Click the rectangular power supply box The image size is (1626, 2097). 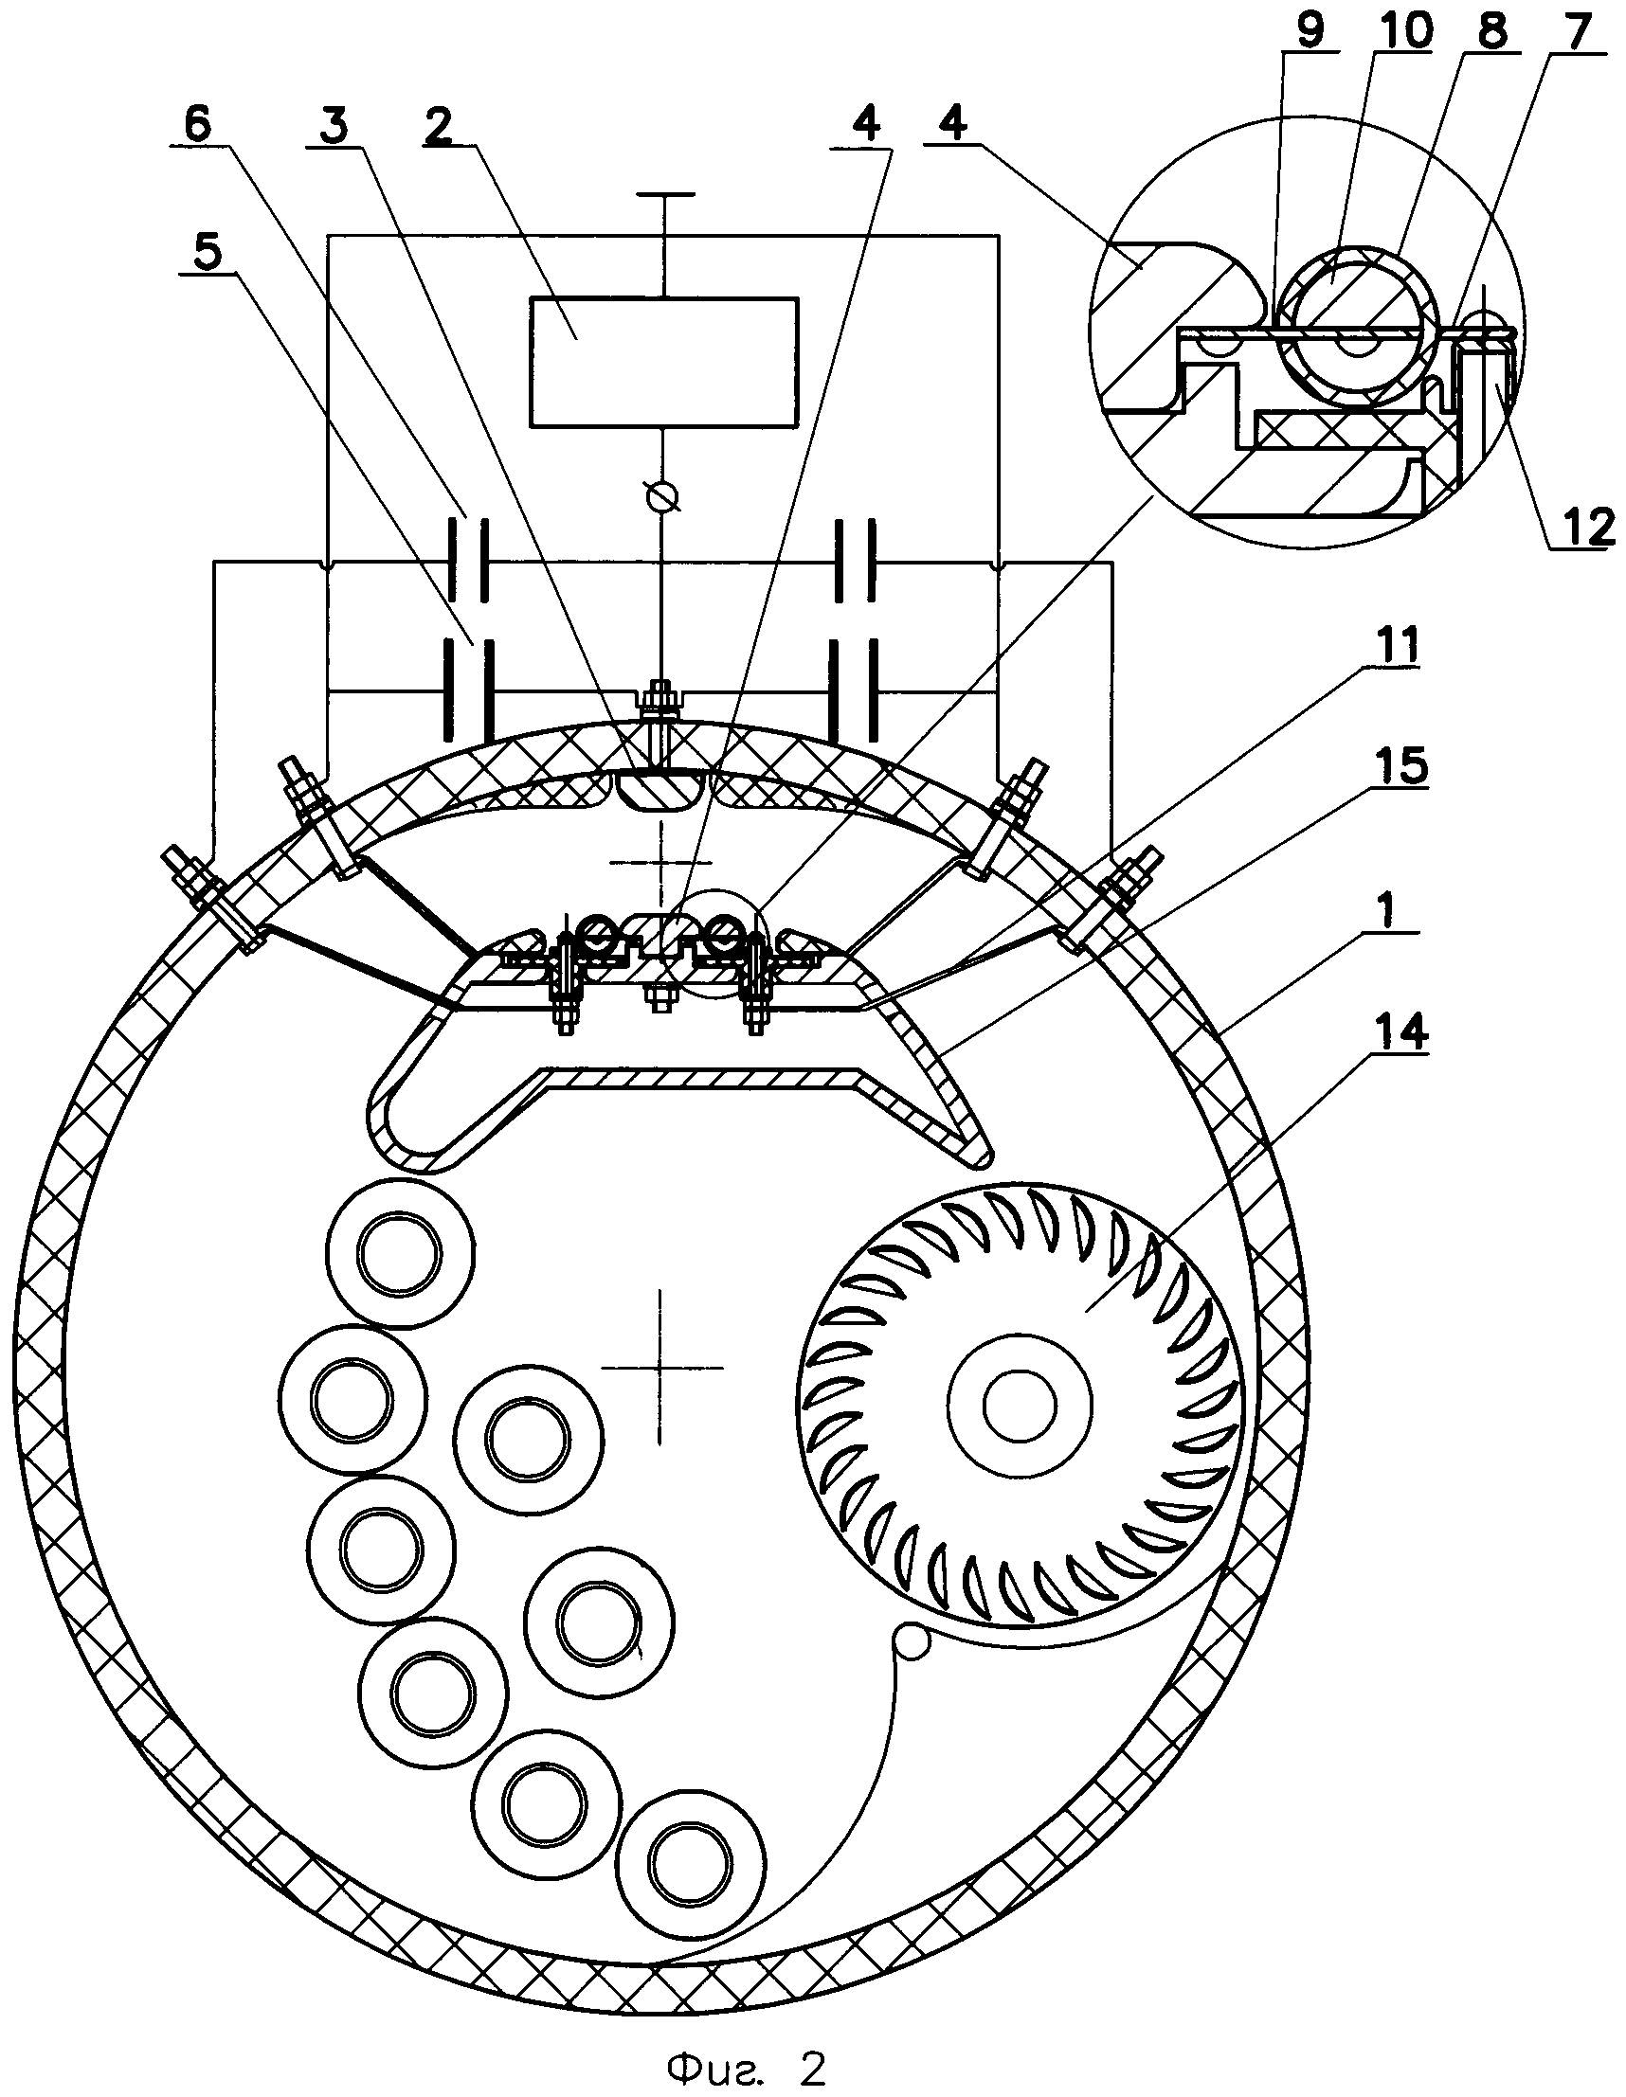[663, 362]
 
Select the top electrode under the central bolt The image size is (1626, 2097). [659, 789]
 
